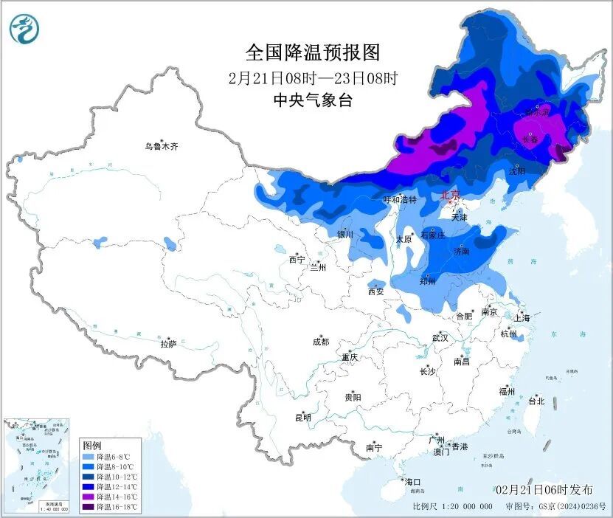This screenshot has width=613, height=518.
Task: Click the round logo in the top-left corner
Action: click(x=24, y=29)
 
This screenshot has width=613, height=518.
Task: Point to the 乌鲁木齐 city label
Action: click(x=162, y=147)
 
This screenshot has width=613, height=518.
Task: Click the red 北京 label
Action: click(x=449, y=196)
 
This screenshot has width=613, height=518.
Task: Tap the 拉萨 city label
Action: click(x=169, y=344)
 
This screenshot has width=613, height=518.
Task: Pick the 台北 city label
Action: click(x=536, y=401)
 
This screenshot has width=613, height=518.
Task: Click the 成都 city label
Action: click(x=320, y=342)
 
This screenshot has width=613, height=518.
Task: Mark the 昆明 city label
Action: click(x=303, y=418)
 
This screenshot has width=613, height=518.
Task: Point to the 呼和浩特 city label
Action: click(x=399, y=200)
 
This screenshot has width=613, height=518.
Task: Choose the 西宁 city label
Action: click(x=297, y=260)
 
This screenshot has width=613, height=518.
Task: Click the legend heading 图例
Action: click(x=92, y=446)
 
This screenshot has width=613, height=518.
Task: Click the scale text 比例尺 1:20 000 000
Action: click(x=452, y=507)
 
